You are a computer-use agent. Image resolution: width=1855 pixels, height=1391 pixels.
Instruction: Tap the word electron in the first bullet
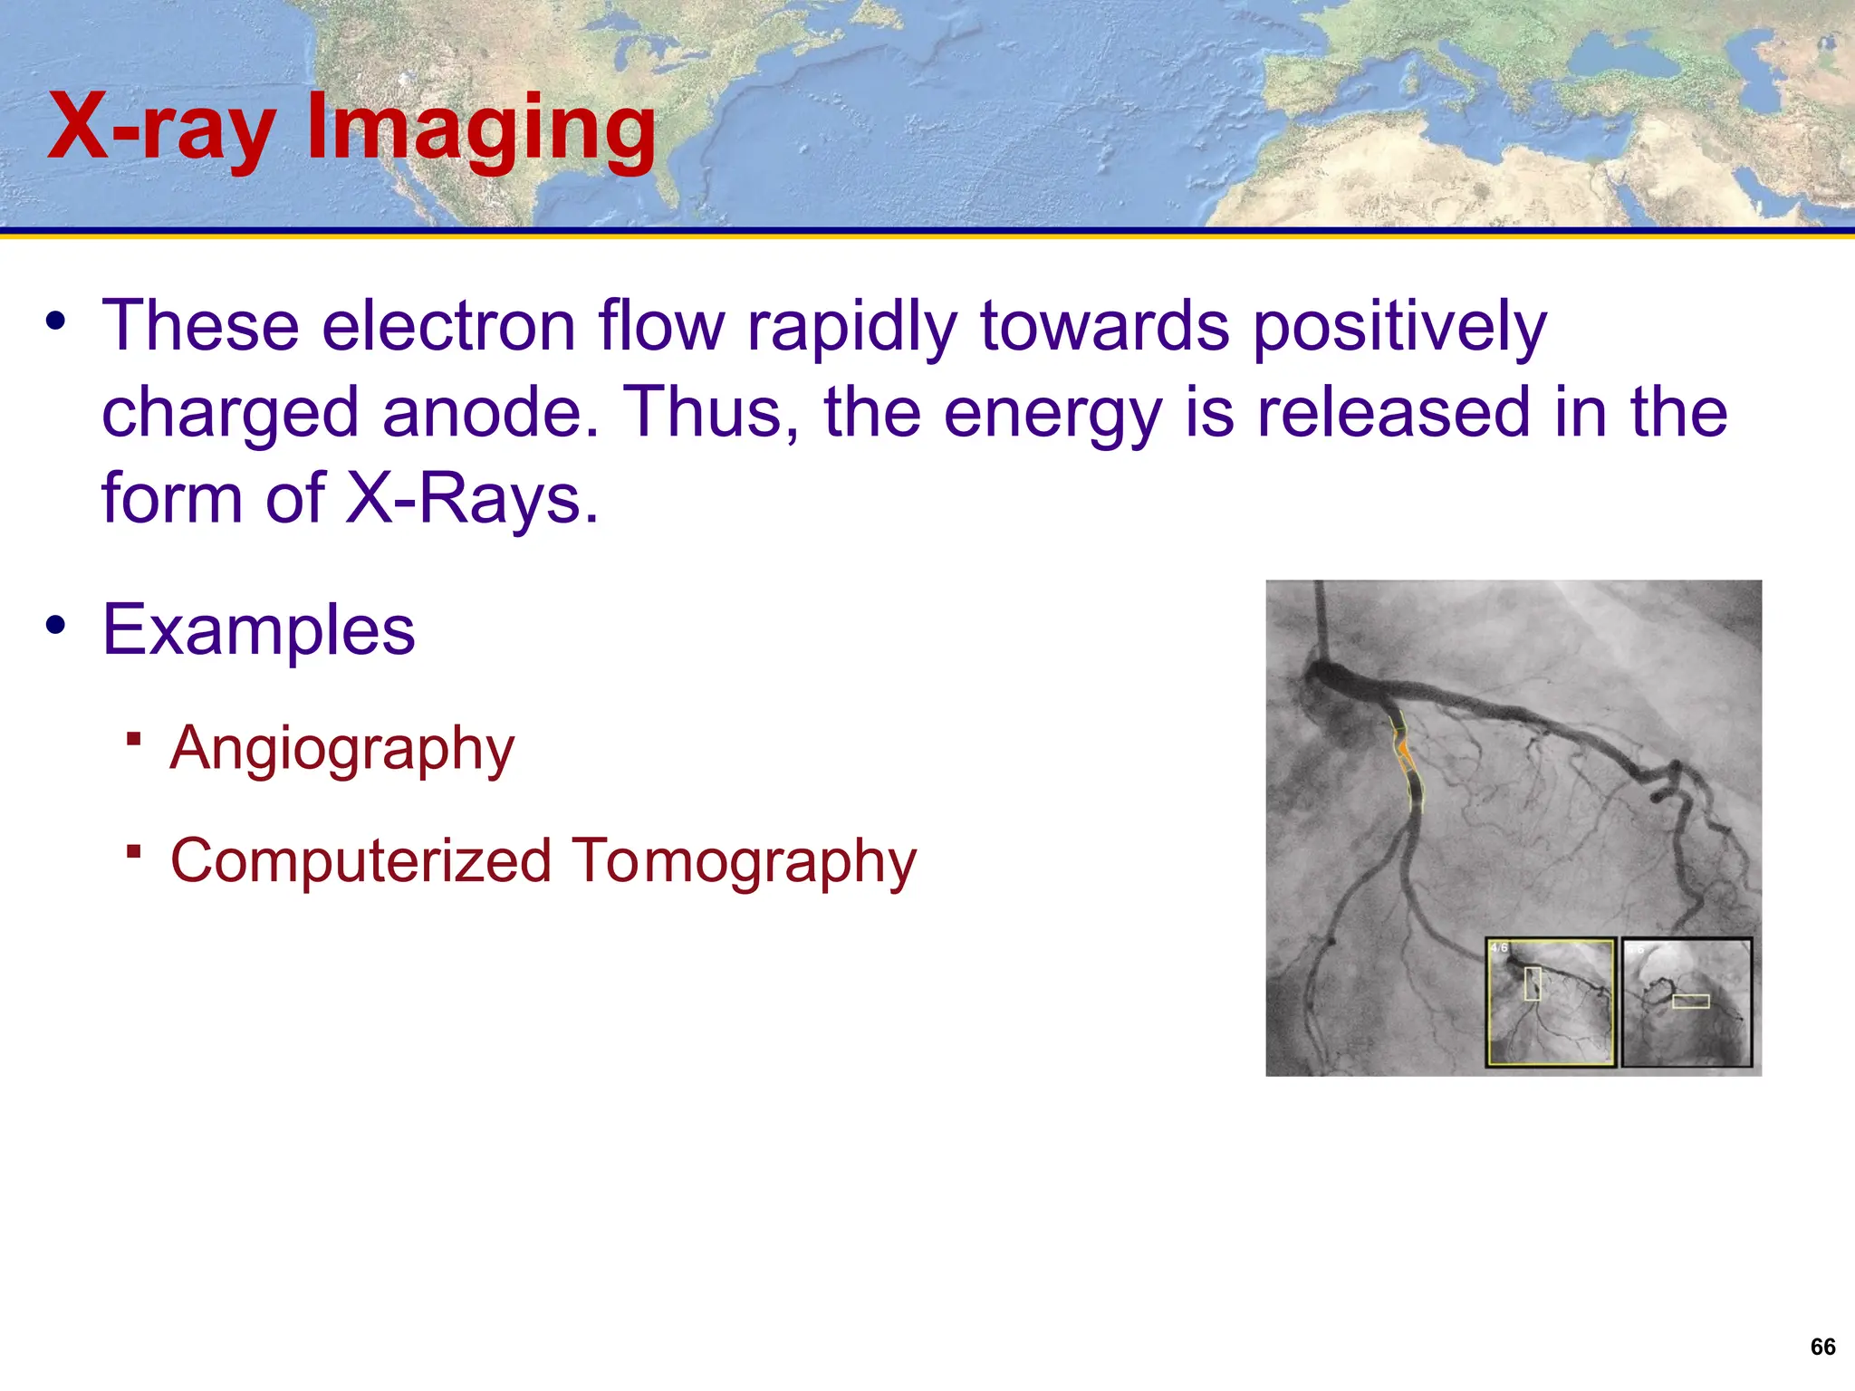pos(448,326)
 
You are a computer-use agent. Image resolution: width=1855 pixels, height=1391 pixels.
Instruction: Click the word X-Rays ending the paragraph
pos(471,499)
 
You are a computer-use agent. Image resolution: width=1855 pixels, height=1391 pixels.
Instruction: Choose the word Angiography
pos(342,750)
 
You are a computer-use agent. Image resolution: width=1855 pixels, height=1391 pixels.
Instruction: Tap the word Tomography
pos(744,861)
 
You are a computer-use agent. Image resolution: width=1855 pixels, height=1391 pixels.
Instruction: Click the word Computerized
pos(360,861)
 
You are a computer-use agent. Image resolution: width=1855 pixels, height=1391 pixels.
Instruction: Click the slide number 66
pos(1822,1347)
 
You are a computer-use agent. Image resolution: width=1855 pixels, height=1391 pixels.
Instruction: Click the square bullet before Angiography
pos(134,739)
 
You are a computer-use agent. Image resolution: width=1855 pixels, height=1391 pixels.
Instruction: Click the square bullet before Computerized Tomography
pos(134,851)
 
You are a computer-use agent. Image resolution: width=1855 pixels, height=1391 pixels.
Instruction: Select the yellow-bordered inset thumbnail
pos(1551,1002)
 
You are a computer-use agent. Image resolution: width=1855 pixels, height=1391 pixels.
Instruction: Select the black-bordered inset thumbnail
pos(1687,1002)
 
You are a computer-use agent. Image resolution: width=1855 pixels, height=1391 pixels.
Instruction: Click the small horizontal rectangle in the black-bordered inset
pos(1690,1001)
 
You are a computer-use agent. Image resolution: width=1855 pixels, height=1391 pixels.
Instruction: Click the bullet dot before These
pos(56,321)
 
